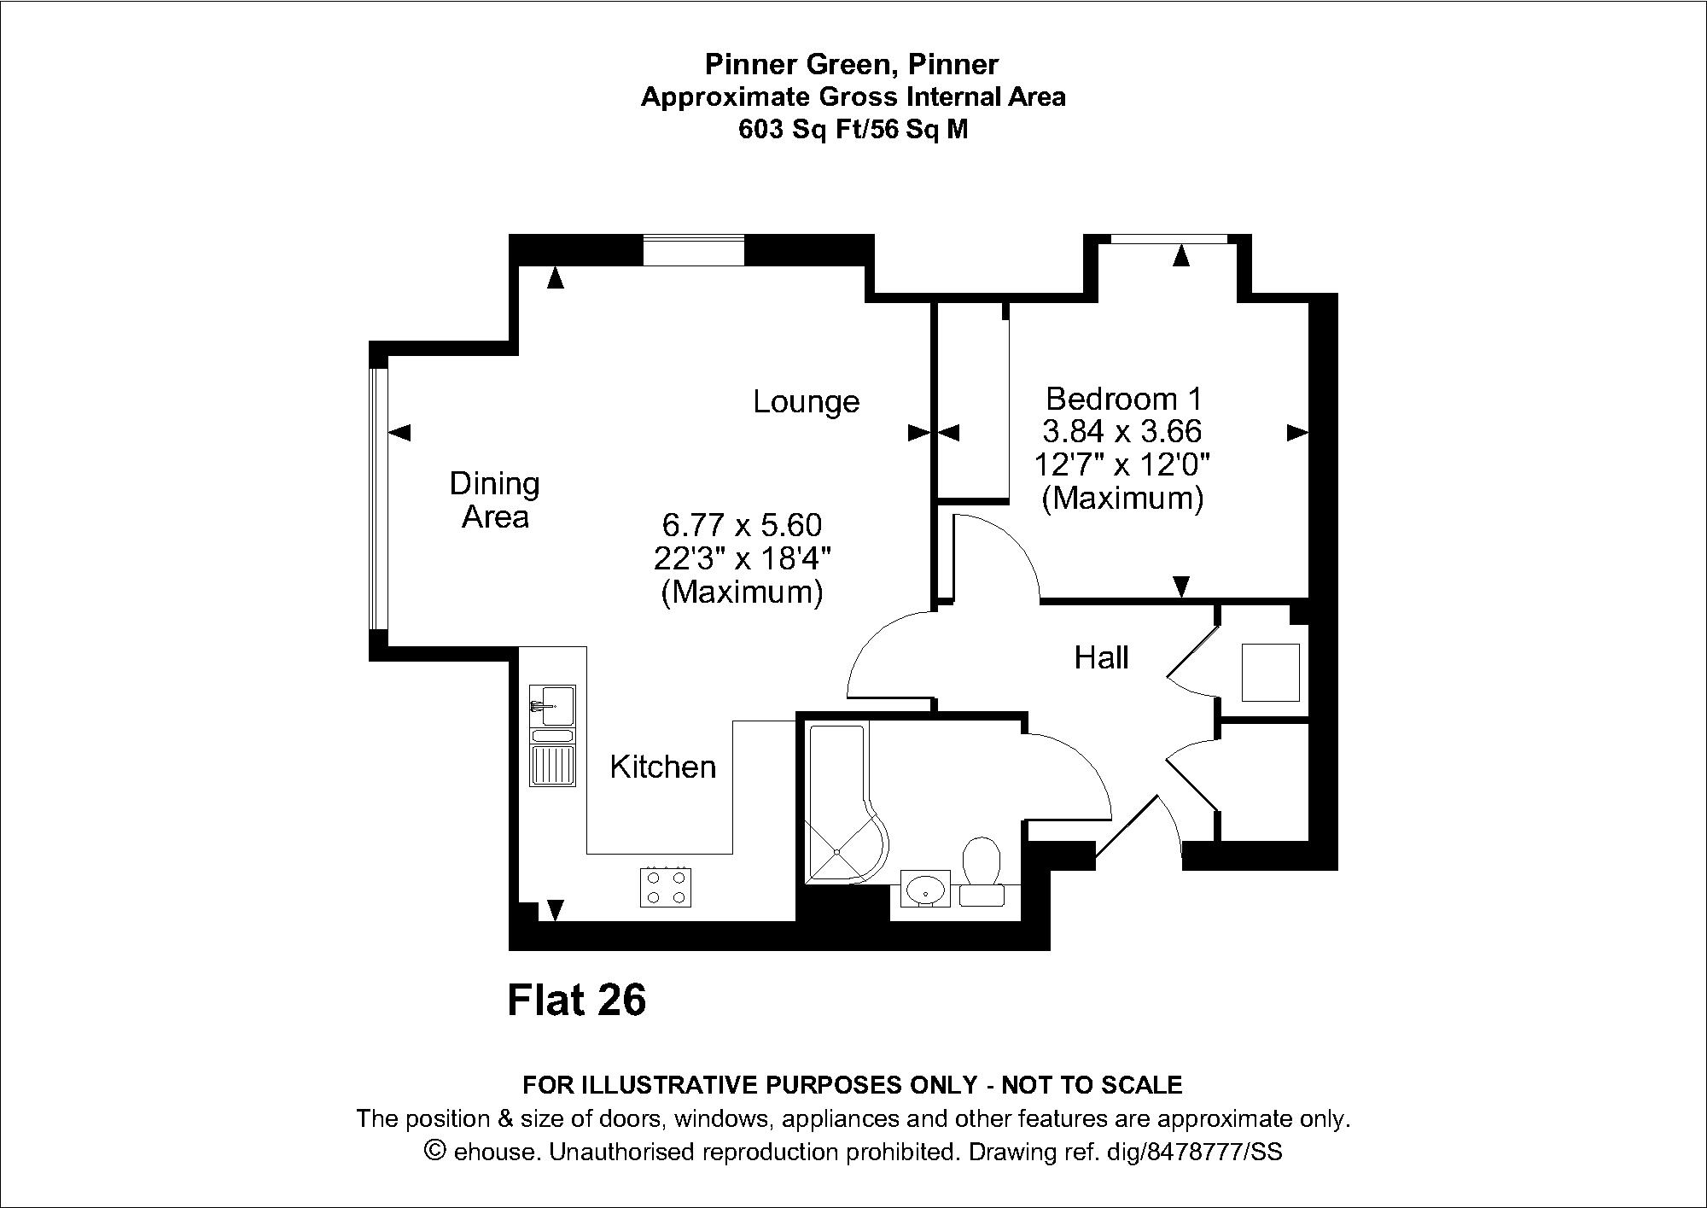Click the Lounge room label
[806, 401]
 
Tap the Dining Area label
[495, 500]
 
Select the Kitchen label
[663, 767]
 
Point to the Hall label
[1101, 657]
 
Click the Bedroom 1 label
[1124, 399]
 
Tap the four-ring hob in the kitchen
[666, 887]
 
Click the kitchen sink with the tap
[552, 705]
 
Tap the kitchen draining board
[552, 765]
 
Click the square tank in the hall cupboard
[1270, 673]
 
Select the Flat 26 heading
[577, 1000]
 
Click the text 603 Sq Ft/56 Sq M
[853, 130]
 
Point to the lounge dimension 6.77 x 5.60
[742, 523]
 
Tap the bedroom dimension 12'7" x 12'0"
[1123, 465]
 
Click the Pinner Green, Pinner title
[852, 64]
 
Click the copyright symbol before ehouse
[435, 1152]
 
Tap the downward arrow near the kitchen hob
[556, 911]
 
